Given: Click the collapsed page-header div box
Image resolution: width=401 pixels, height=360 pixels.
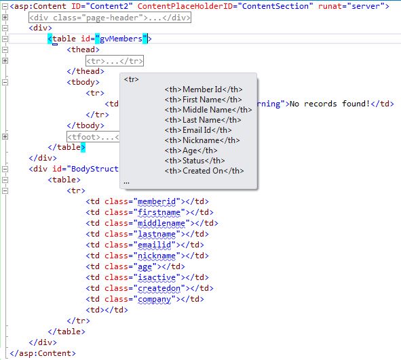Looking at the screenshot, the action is coord(110,18).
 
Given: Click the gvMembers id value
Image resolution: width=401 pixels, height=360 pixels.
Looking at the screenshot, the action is coord(121,39).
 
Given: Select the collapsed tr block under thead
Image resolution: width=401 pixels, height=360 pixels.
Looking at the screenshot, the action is coord(115,61).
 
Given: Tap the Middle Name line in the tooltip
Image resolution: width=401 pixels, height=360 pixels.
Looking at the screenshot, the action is coord(208,110).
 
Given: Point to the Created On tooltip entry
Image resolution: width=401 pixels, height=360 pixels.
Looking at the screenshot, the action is coord(204,171).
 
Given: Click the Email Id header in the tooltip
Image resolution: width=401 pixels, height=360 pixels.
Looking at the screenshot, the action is coord(198,130).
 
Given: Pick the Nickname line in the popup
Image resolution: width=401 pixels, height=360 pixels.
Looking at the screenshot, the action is coord(202,140).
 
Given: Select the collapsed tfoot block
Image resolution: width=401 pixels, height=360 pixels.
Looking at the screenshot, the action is coord(93,137).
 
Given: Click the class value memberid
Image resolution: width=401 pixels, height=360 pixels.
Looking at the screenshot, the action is coord(157,201).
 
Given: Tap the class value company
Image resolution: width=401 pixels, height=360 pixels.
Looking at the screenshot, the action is coord(155,299).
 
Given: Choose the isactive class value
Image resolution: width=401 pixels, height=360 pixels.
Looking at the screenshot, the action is coord(157,277).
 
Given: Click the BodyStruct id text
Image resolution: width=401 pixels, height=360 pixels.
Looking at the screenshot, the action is coord(94,169).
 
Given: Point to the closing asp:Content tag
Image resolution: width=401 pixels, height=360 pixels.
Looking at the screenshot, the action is coord(43,353).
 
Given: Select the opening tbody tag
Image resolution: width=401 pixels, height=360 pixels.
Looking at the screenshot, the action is coord(83,82).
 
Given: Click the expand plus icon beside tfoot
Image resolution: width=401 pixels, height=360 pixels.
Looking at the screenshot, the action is coord(5,137).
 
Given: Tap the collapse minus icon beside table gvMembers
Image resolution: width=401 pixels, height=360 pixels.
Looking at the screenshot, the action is coord(5,39).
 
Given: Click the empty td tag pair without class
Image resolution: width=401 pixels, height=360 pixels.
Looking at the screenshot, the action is coord(107,310).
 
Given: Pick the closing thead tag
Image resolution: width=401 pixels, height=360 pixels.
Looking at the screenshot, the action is coord(85,71).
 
